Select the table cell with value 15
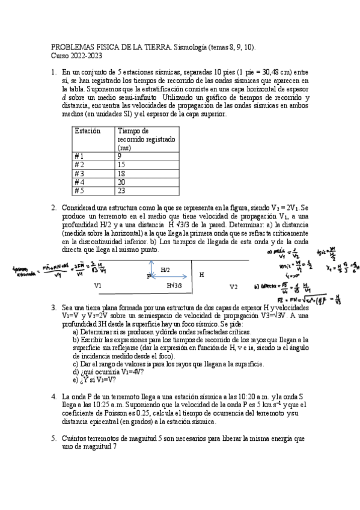122,164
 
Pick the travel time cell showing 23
122,190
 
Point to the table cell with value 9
120,155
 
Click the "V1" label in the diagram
98,286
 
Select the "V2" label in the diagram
234,286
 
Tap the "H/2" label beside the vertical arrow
165,271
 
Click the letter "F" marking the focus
148,277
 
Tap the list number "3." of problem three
53,307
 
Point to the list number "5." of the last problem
53,440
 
